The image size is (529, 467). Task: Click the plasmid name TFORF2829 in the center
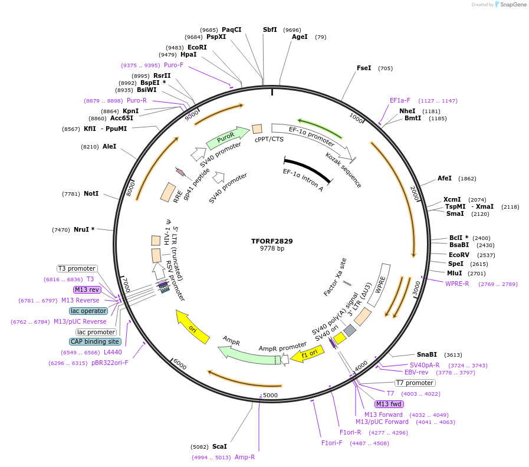(x=272, y=241)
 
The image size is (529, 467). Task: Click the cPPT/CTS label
(x=269, y=139)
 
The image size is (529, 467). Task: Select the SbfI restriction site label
(x=270, y=29)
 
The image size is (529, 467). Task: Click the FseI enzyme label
(x=364, y=68)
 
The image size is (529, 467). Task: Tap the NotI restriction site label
(x=91, y=193)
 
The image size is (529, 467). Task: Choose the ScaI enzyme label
(x=219, y=446)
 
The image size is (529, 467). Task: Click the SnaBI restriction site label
(x=426, y=354)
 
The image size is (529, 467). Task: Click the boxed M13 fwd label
(x=389, y=404)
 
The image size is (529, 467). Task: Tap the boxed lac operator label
(x=88, y=311)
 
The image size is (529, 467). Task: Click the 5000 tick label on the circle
(x=270, y=394)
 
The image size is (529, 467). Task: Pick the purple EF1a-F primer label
(x=400, y=100)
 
